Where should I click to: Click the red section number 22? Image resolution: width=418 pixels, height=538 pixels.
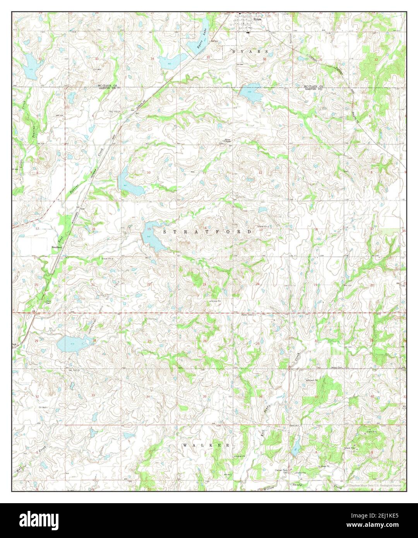tap(149, 284)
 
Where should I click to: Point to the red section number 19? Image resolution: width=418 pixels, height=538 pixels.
tap(316, 285)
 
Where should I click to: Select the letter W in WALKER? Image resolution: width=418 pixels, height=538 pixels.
tap(185, 445)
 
